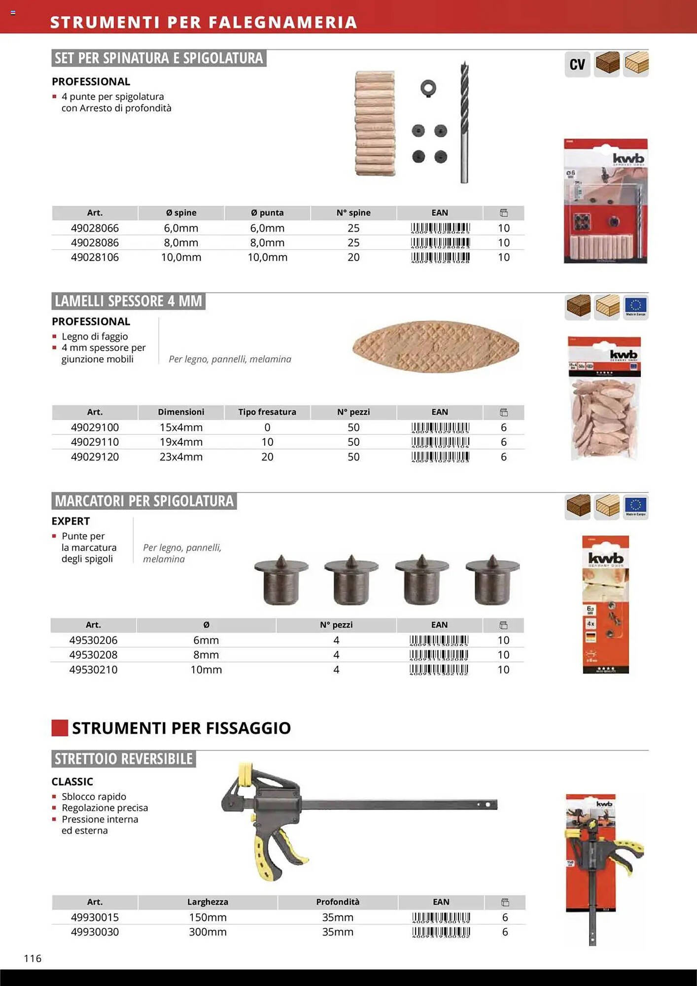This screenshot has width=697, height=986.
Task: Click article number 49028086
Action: pos(95,243)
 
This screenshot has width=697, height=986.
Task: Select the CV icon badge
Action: pos(577,65)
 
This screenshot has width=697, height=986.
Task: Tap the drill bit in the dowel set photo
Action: pos(464,123)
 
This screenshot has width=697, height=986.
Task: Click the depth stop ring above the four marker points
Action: pos(428,88)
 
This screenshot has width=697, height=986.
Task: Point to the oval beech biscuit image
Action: pos(436,347)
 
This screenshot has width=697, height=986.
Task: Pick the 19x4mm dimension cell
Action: pos(181,442)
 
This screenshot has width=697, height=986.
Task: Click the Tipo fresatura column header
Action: pos(267,412)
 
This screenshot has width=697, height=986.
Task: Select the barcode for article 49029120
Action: pos(440,457)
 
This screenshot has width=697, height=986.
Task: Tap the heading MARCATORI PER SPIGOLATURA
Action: pos(144,501)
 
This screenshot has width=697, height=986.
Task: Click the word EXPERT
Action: pos(70,521)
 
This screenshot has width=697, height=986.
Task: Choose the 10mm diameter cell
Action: pos(206,669)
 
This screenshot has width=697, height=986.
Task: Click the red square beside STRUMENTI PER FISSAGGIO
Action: pos(60,728)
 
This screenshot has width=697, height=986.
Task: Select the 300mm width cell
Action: pos(208,932)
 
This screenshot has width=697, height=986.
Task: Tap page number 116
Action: pos(33,958)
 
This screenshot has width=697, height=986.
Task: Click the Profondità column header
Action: pos(338,902)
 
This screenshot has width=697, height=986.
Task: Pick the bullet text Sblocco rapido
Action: pos(94,797)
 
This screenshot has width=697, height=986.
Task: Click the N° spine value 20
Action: pos(353,257)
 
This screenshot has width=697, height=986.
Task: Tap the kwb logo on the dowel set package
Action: pos(628,158)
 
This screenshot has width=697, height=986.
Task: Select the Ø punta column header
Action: pos(267,213)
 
